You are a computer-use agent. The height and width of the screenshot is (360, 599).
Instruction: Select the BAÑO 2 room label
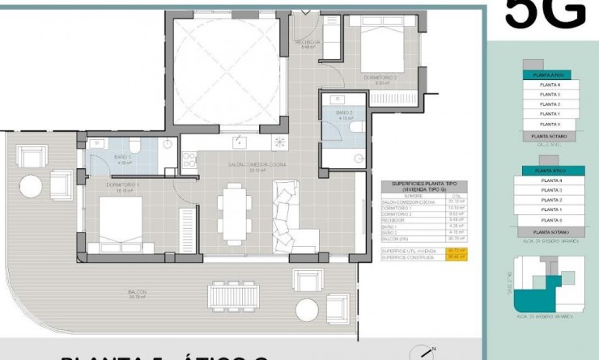coord(344,113)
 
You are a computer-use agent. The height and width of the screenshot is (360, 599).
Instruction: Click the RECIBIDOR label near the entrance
coord(308,43)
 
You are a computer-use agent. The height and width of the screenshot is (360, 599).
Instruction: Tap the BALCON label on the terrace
coord(136,292)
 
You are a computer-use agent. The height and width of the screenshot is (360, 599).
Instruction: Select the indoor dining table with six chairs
coord(235,214)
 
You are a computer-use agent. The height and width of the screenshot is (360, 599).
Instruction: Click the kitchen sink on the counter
coord(239,142)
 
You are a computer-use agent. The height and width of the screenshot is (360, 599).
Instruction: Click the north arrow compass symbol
coord(423,352)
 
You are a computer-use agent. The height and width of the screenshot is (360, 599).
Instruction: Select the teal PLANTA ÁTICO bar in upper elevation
coord(550,75)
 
